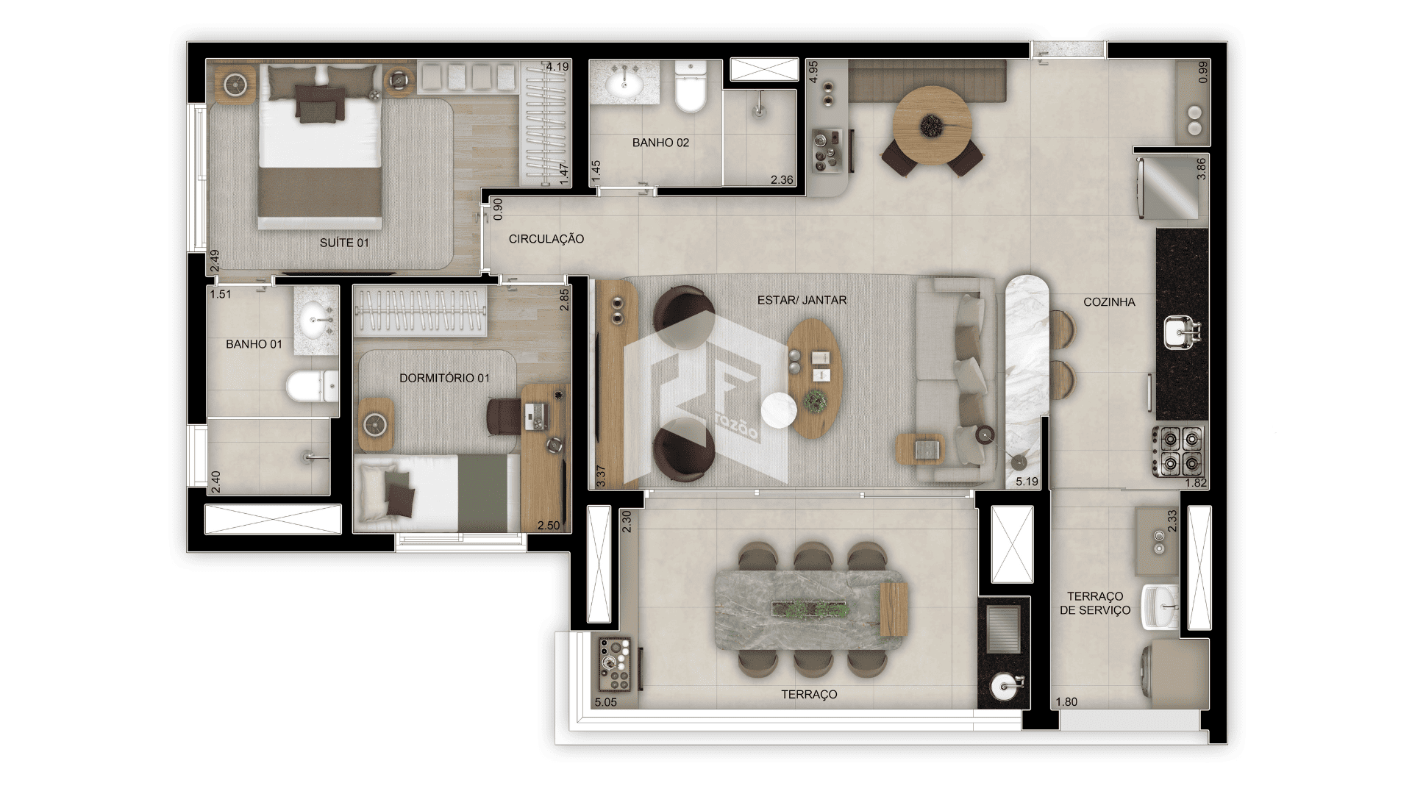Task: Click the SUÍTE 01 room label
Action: coord(344,243)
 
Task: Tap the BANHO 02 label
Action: coord(660,143)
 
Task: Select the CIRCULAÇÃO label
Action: coord(546,239)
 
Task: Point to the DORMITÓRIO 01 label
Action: coord(444,378)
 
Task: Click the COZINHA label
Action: coord(1109,301)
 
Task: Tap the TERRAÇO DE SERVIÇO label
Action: coord(1095,603)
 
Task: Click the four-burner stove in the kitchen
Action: coord(1179,451)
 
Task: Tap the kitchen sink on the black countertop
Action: coord(1183,332)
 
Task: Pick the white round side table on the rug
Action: coord(780,410)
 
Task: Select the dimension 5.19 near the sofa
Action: coord(1027,482)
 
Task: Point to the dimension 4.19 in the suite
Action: coord(557,67)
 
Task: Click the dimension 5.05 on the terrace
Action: coord(605,702)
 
